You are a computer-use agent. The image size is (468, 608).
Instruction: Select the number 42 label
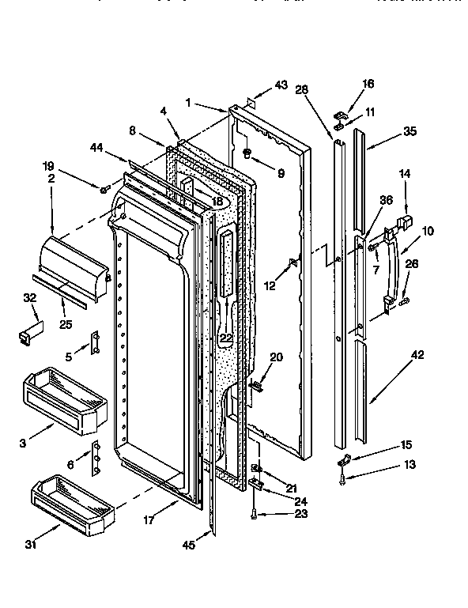coord(417,355)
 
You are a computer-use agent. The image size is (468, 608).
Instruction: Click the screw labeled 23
coord(253,515)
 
